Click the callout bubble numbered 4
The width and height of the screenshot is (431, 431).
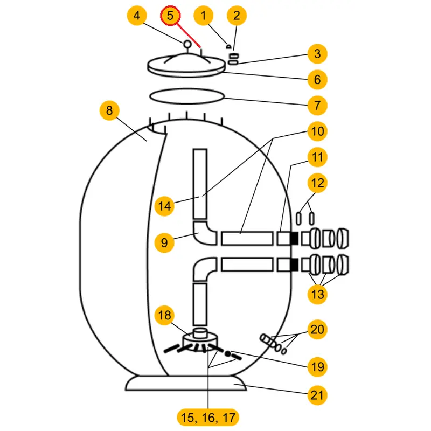point(137,16)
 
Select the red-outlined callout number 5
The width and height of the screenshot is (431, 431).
point(170,16)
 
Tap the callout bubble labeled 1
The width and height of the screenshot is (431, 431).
point(203,16)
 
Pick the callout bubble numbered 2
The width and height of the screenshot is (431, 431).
point(237,16)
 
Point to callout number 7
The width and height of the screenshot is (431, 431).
point(317,105)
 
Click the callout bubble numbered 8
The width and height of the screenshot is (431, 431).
point(109,111)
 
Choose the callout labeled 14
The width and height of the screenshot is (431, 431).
point(165,206)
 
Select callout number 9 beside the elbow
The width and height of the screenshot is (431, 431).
point(165,243)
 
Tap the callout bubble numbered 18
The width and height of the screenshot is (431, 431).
point(165,315)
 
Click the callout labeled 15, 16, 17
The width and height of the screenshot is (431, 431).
point(207,416)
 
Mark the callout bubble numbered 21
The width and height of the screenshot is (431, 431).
point(317,395)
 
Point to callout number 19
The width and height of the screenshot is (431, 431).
point(317,367)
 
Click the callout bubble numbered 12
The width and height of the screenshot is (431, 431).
point(317,183)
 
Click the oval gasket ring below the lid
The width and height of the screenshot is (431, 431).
point(186,97)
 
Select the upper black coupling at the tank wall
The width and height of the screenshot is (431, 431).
point(294,237)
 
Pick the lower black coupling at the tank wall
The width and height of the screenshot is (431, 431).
point(294,265)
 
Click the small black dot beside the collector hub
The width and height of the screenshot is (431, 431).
point(228,354)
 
